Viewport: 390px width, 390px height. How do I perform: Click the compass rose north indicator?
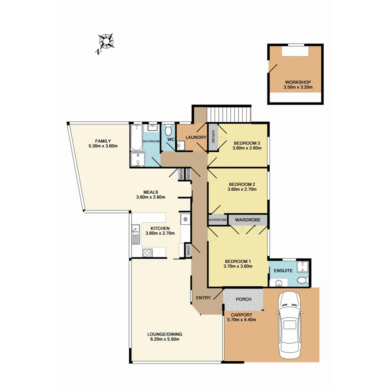point(105,42)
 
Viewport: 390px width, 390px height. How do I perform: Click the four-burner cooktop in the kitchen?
point(147,253)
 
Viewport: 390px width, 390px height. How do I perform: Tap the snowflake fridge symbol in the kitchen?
point(185,219)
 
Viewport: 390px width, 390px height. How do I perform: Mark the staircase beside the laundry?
point(229,114)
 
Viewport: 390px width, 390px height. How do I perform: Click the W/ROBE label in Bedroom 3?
point(213,136)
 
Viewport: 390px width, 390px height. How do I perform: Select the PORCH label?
point(243,299)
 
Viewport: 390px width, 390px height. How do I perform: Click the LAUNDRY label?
point(195,137)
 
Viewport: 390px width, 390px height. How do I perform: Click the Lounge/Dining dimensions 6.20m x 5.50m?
point(164,339)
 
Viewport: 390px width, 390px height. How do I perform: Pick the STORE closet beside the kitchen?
point(188,250)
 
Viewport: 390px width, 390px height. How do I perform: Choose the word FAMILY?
point(103,141)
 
